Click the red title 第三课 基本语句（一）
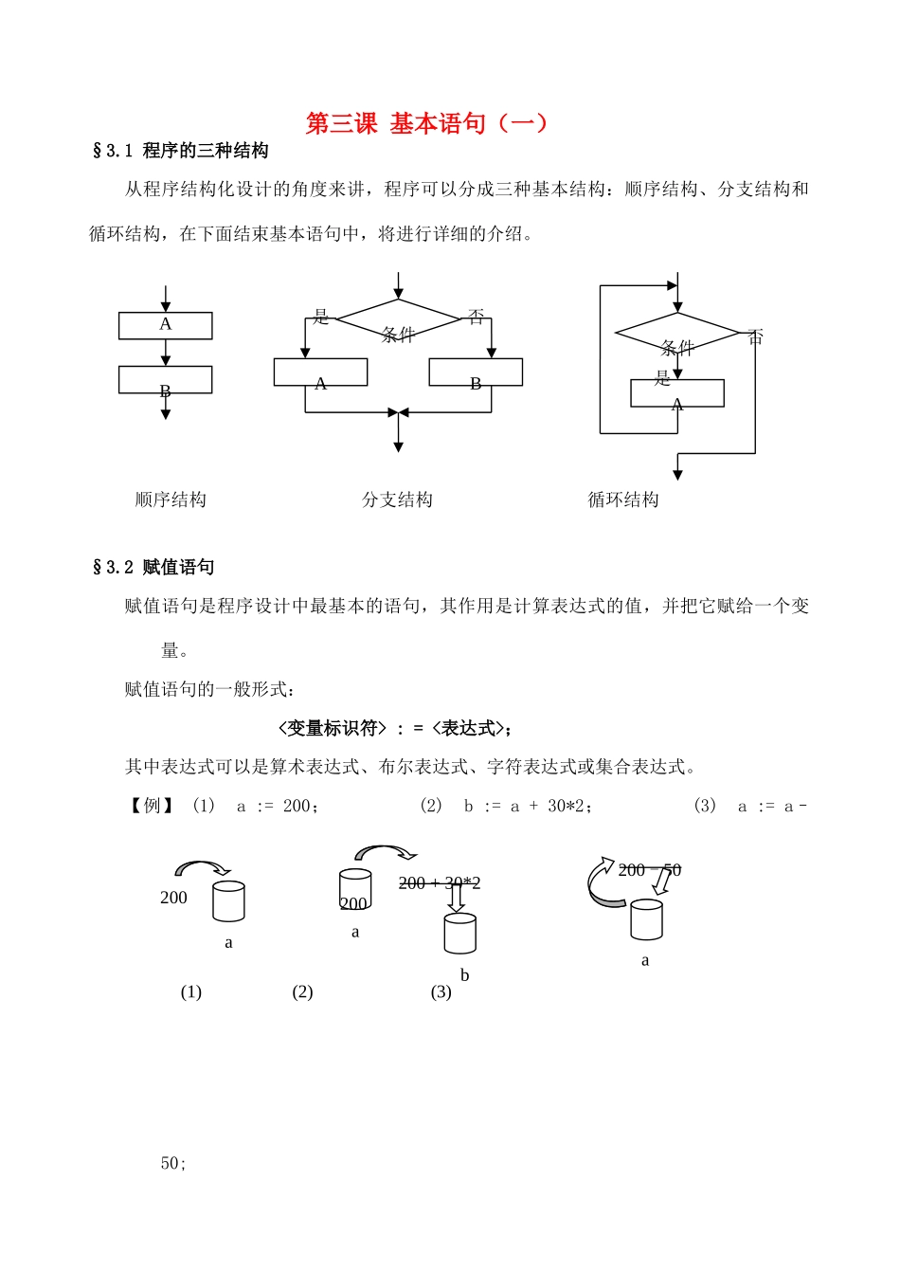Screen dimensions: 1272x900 click(426, 123)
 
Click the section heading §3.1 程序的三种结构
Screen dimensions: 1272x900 click(180, 151)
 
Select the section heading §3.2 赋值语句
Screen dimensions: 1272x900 click(153, 568)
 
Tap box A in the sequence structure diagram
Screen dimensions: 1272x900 click(166, 325)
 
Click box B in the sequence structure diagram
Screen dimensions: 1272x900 click(166, 380)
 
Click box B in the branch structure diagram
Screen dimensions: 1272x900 click(476, 373)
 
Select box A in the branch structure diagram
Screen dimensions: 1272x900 click(320, 373)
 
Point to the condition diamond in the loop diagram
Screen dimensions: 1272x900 click(676, 334)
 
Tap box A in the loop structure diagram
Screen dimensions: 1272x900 click(677, 393)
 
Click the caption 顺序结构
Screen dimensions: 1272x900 click(171, 500)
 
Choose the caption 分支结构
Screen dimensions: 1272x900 click(397, 500)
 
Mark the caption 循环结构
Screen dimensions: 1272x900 click(623, 500)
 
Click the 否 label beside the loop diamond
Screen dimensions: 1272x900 click(755, 337)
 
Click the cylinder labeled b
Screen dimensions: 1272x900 click(460, 934)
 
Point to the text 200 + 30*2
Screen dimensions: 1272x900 click(440, 883)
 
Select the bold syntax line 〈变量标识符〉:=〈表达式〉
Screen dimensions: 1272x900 click(395, 728)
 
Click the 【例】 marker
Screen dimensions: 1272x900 click(152, 806)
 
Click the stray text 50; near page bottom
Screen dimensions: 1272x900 click(173, 1163)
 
